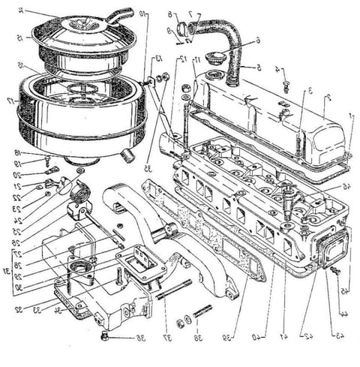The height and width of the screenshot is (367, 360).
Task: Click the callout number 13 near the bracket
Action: (158, 59)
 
